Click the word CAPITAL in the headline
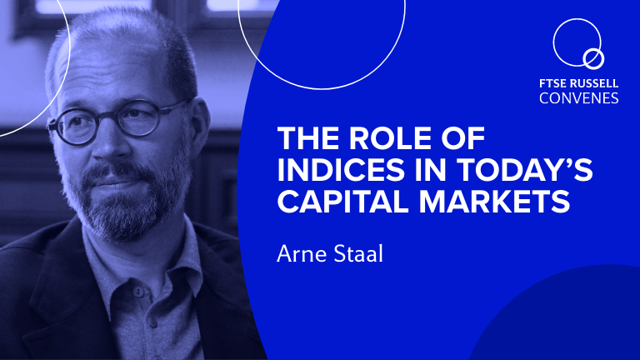tap(343, 201)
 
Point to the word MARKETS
tap(494, 201)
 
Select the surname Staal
tap(358, 253)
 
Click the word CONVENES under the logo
tap(579, 98)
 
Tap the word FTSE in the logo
tap(552, 83)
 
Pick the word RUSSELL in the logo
tap(593, 83)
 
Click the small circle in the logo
tap(593, 59)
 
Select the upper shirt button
tap(138, 292)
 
